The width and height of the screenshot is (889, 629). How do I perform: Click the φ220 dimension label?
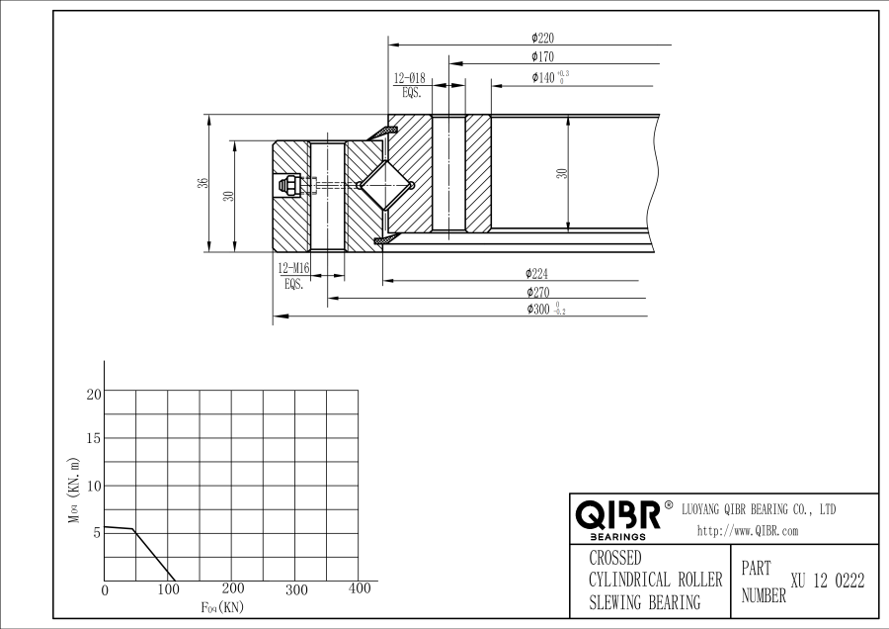coord(542,38)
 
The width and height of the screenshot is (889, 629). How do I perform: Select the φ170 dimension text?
coord(542,56)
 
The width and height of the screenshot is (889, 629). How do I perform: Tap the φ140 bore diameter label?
coord(550,77)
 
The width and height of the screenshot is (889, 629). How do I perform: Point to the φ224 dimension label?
coord(536,274)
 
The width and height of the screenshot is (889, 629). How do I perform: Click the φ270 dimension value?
coord(537,293)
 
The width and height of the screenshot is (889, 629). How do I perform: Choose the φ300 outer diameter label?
coord(546,310)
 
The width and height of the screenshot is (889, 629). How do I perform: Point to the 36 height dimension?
coord(202,183)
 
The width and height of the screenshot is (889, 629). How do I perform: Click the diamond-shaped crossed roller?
coord(385,185)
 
